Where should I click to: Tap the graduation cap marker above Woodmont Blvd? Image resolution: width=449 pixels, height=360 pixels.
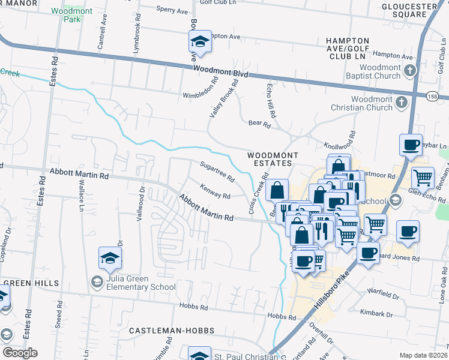[x=200, y=41]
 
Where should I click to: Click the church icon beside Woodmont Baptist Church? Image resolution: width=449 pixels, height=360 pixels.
[x=409, y=71]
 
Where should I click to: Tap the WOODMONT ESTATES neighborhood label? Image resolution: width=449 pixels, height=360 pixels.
[x=273, y=160]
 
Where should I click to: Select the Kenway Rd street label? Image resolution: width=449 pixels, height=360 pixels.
[x=215, y=192]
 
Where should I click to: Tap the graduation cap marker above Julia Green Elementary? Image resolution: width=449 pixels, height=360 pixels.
[x=110, y=258]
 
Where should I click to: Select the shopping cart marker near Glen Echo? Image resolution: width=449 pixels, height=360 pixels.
[x=423, y=177]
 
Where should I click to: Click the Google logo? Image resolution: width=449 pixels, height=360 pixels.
[x=19, y=352]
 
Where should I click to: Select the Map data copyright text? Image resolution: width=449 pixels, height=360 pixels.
[x=424, y=355]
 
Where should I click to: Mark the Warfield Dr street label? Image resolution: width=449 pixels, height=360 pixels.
[x=384, y=296]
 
